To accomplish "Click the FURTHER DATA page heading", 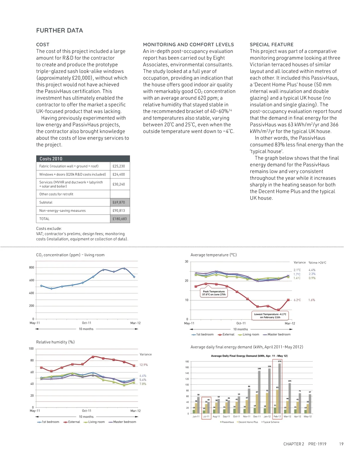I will [x=59, y=30].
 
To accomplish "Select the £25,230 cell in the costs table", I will [x=119, y=166].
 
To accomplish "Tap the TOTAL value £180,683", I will [x=120, y=219].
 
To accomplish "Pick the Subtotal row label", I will [x=46, y=202].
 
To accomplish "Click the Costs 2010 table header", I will [x=51, y=159].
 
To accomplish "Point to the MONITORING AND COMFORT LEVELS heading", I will [x=188, y=44].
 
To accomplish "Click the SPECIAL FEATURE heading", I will [x=272, y=44].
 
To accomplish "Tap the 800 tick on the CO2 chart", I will [x=32, y=268].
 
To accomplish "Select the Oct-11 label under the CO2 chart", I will [x=87, y=323].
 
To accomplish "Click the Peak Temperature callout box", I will [x=214, y=293].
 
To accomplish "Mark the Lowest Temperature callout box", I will [x=270, y=316].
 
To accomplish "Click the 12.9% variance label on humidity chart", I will [x=143, y=365].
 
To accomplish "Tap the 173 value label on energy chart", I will [x=280, y=361].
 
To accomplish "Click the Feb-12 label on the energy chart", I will [x=277, y=417].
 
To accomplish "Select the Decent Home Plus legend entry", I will [x=248, y=422].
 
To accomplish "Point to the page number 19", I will [x=341, y=444].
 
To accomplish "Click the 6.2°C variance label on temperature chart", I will [x=297, y=300].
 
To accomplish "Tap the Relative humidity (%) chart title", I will [x=55, y=342].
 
